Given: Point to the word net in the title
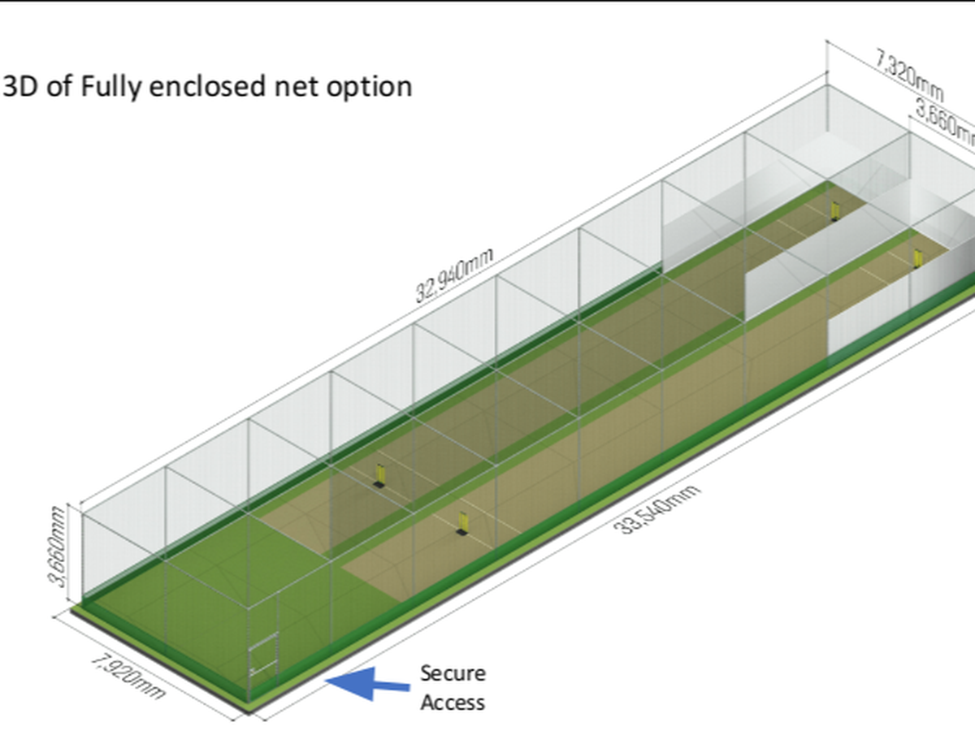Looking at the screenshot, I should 298,87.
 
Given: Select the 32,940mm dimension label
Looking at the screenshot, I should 454,275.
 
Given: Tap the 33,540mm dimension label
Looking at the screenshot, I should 658,508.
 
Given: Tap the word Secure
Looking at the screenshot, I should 453,673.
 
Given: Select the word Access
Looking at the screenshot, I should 453,702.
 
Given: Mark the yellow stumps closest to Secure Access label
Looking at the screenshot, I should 462,523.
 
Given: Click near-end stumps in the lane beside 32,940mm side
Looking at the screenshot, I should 379,474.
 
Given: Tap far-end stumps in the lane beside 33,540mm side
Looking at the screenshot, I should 918,258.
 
